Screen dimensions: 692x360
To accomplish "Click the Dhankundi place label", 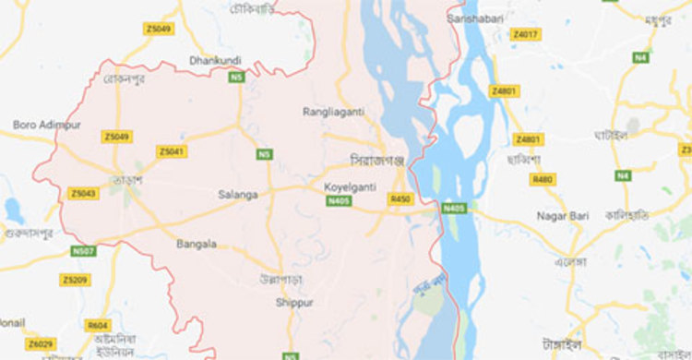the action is click(x=214, y=61).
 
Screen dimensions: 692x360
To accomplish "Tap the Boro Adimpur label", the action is click(x=47, y=124).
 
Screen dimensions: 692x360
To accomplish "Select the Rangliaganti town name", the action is click(x=333, y=112).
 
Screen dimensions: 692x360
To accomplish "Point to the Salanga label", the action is click(x=238, y=194).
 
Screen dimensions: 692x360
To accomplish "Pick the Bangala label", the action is click(x=197, y=245).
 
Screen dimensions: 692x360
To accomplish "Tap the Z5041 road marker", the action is click(x=171, y=151).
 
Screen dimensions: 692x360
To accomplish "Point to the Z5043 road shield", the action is click(x=82, y=193).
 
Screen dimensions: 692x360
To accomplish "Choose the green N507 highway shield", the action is click(x=83, y=250).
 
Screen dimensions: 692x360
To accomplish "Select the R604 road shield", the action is click(x=97, y=326).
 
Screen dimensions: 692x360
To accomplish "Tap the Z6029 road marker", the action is click(x=40, y=344).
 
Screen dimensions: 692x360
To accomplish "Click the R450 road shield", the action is click(x=400, y=199).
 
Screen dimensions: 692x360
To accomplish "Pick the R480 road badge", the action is click(x=543, y=179).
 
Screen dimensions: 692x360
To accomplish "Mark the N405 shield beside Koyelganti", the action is click(x=339, y=200).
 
